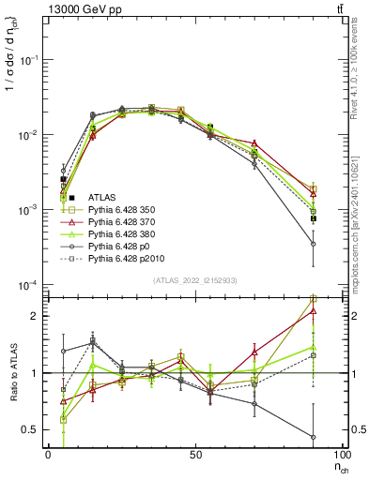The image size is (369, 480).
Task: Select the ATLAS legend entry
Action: click(102, 197)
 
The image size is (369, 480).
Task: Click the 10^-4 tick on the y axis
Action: click(28, 285)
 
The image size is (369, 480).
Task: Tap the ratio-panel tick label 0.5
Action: click(30, 429)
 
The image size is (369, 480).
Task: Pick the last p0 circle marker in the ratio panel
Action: click(313, 437)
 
